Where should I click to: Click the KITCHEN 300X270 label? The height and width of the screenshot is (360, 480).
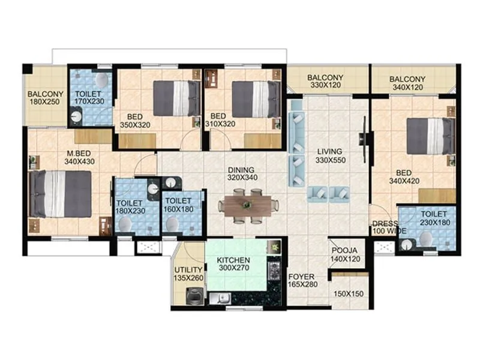[x=233, y=265]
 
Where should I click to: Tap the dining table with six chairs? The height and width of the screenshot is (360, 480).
[x=248, y=206]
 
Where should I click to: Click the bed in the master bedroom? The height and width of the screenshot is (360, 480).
[x=61, y=194]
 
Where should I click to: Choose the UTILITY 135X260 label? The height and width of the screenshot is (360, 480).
[x=188, y=274]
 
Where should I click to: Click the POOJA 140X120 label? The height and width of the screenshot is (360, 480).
[x=344, y=254]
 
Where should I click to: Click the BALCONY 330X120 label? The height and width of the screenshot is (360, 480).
[x=325, y=82]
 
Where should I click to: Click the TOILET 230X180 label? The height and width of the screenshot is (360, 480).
[x=433, y=218]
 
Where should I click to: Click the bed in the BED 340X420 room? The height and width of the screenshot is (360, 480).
[x=430, y=136]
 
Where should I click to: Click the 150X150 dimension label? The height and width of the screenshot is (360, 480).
[x=349, y=295]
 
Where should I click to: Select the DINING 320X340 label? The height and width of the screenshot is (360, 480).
[x=241, y=174]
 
